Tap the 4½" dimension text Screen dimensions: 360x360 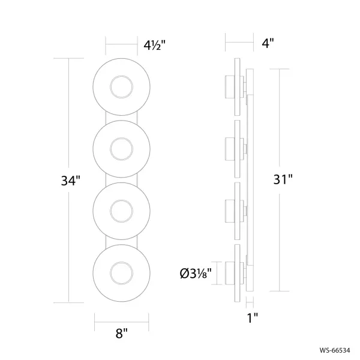154,45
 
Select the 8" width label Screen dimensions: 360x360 121,333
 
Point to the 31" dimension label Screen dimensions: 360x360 283,179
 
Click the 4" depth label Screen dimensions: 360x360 268,43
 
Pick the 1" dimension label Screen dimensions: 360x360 253,318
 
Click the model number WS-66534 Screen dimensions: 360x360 335,350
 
